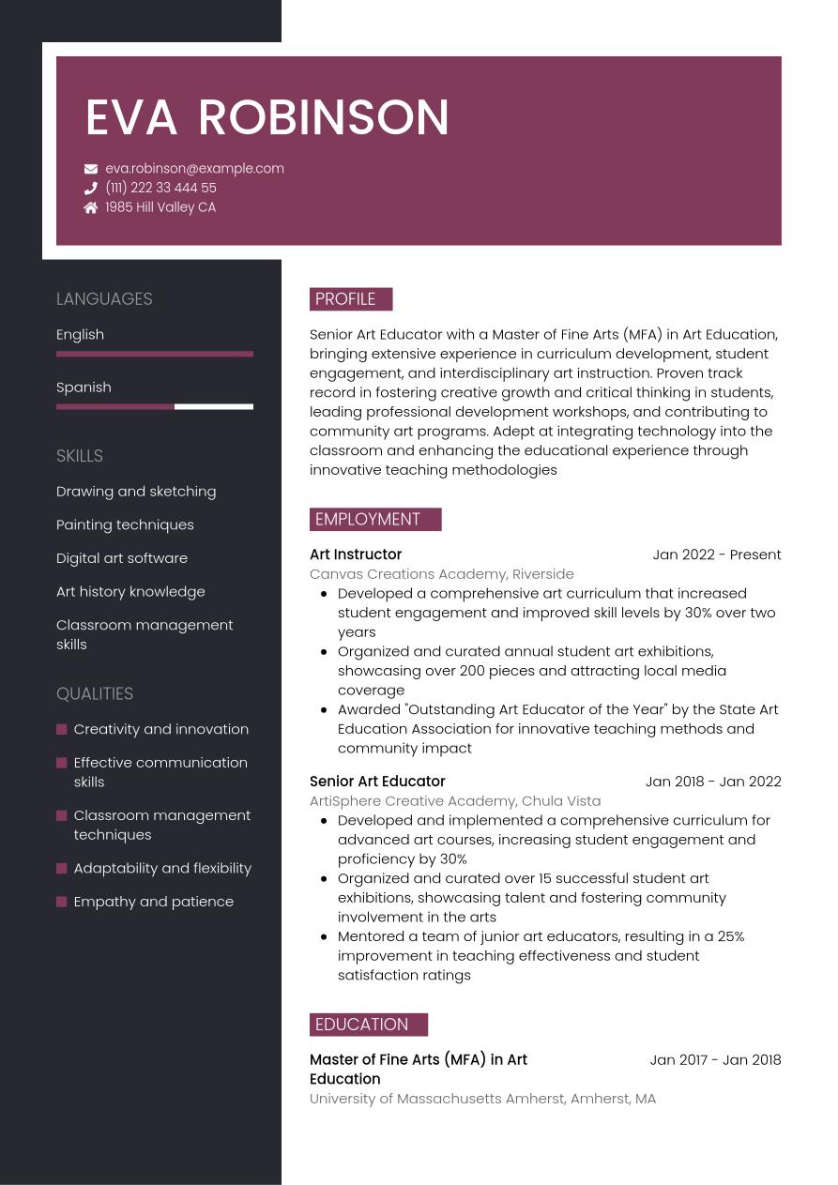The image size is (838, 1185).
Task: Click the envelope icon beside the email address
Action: (91, 169)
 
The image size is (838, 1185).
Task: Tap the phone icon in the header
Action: (91, 189)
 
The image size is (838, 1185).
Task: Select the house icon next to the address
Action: (91, 207)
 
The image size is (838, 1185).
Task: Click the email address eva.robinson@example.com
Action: (194, 169)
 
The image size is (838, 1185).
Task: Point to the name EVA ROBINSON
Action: (267, 118)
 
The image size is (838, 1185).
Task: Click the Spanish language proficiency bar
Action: (155, 407)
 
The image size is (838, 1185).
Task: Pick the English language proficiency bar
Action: (155, 354)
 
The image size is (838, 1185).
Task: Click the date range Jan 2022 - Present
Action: (717, 555)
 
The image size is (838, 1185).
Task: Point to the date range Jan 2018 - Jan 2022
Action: (713, 782)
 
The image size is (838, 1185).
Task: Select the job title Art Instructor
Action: (356, 555)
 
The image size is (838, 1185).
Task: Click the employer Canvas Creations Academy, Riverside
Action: (442, 574)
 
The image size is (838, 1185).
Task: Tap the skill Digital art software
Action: (122, 558)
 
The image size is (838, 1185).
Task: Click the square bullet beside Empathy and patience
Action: (62, 902)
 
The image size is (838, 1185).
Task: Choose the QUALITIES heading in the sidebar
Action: (95, 694)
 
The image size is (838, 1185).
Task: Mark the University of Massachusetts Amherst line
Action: (482, 1099)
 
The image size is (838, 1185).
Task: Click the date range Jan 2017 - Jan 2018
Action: (715, 1060)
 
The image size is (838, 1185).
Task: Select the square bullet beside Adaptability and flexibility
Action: (62, 868)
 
